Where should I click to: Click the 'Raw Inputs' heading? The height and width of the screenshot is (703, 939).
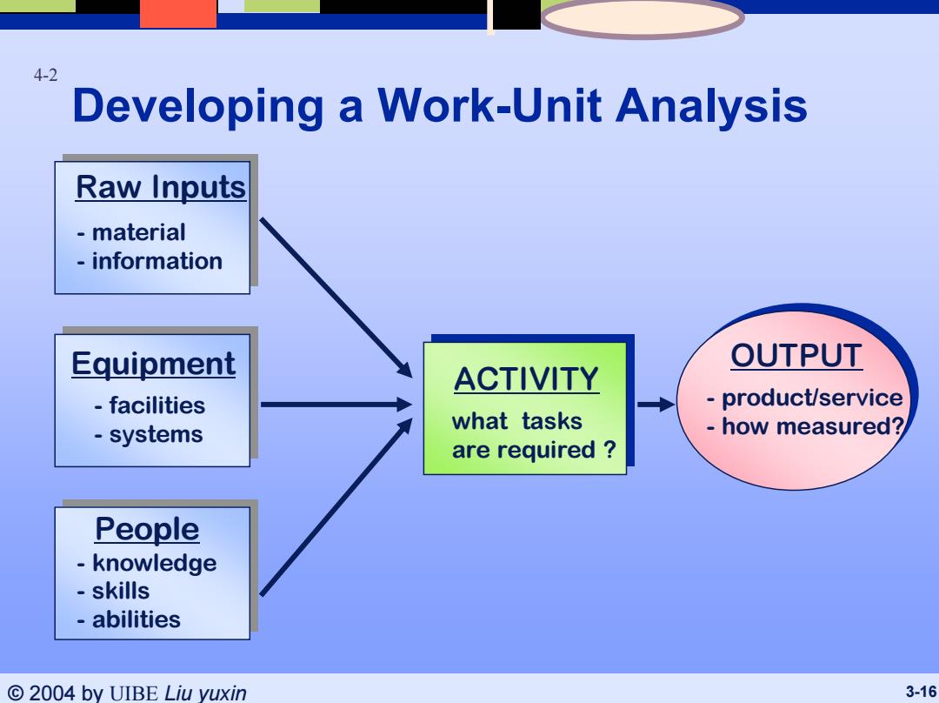pyautogui.click(x=161, y=187)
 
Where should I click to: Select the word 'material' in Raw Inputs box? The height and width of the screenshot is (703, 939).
pyautogui.click(x=138, y=232)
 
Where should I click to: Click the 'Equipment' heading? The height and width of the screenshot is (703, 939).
pyautogui.click(x=153, y=364)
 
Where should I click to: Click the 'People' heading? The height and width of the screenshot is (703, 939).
pyautogui.click(x=147, y=529)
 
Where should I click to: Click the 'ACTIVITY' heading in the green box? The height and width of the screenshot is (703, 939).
pyautogui.click(x=526, y=379)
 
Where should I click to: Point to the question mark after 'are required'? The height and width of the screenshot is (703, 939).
pyautogui.click(x=609, y=449)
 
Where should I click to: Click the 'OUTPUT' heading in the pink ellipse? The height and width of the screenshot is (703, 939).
pyautogui.click(x=796, y=355)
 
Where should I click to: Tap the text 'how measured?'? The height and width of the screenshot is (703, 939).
pyautogui.click(x=813, y=426)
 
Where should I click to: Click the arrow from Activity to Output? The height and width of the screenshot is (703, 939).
pyautogui.click(x=656, y=405)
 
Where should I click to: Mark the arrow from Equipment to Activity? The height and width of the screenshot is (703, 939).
pyautogui.click(x=336, y=405)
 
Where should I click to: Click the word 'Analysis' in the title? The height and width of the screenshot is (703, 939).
pyautogui.click(x=711, y=106)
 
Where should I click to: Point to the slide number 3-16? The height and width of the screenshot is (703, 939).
pyautogui.click(x=921, y=693)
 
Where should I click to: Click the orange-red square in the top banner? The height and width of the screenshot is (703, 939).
pyautogui.click(x=178, y=14)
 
